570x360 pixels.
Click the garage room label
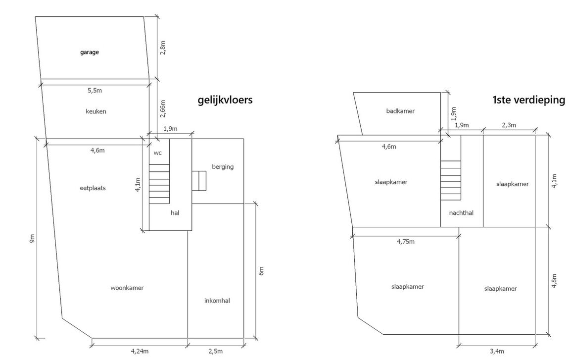(x=90, y=52)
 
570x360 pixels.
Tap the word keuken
(x=96, y=111)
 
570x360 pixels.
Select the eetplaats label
(x=93, y=188)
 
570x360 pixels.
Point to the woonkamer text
(x=127, y=288)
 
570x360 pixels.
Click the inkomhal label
(x=217, y=301)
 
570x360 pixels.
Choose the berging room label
(x=223, y=167)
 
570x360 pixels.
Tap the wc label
(x=157, y=153)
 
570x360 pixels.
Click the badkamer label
(x=400, y=111)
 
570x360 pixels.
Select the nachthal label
(x=461, y=213)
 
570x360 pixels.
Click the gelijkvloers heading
(x=225, y=100)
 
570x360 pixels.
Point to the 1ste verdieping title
(x=528, y=100)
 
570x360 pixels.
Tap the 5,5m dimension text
(x=95, y=91)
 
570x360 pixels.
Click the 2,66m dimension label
(x=163, y=109)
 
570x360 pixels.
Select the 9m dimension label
(x=32, y=239)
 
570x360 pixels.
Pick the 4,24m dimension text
(x=140, y=351)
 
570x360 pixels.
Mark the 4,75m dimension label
(x=406, y=242)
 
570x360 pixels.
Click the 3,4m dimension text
(x=497, y=351)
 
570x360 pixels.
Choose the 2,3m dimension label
(x=509, y=125)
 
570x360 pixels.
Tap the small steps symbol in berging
(x=199, y=181)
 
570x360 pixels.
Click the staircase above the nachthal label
(x=451, y=180)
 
